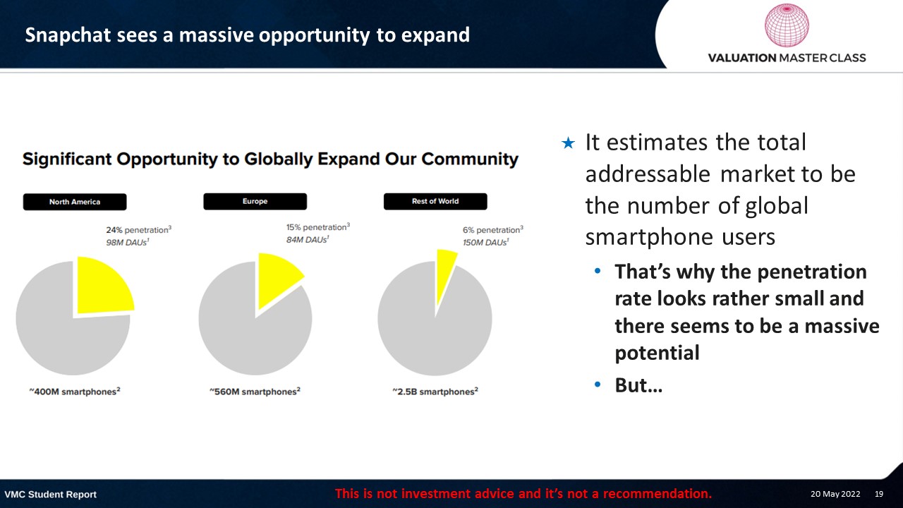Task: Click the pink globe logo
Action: [787, 25]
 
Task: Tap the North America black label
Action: [75, 202]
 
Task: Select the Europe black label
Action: [255, 201]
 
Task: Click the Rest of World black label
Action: [435, 201]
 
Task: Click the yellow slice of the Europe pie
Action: [276, 276]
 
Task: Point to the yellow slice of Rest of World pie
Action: [444, 270]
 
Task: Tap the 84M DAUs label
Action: [308, 239]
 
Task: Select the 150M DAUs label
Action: [486, 242]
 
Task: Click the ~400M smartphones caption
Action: [75, 392]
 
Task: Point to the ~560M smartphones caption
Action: [255, 392]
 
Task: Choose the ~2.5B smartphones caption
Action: [435, 392]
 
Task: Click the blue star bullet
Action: [568, 143]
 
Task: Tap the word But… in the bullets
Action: [638, 385]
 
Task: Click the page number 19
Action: [879, 494]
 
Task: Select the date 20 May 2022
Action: [835, 494]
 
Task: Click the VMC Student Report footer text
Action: [50, 495]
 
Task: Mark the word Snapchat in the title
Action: [68, 35]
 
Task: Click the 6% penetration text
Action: [493, 230]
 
